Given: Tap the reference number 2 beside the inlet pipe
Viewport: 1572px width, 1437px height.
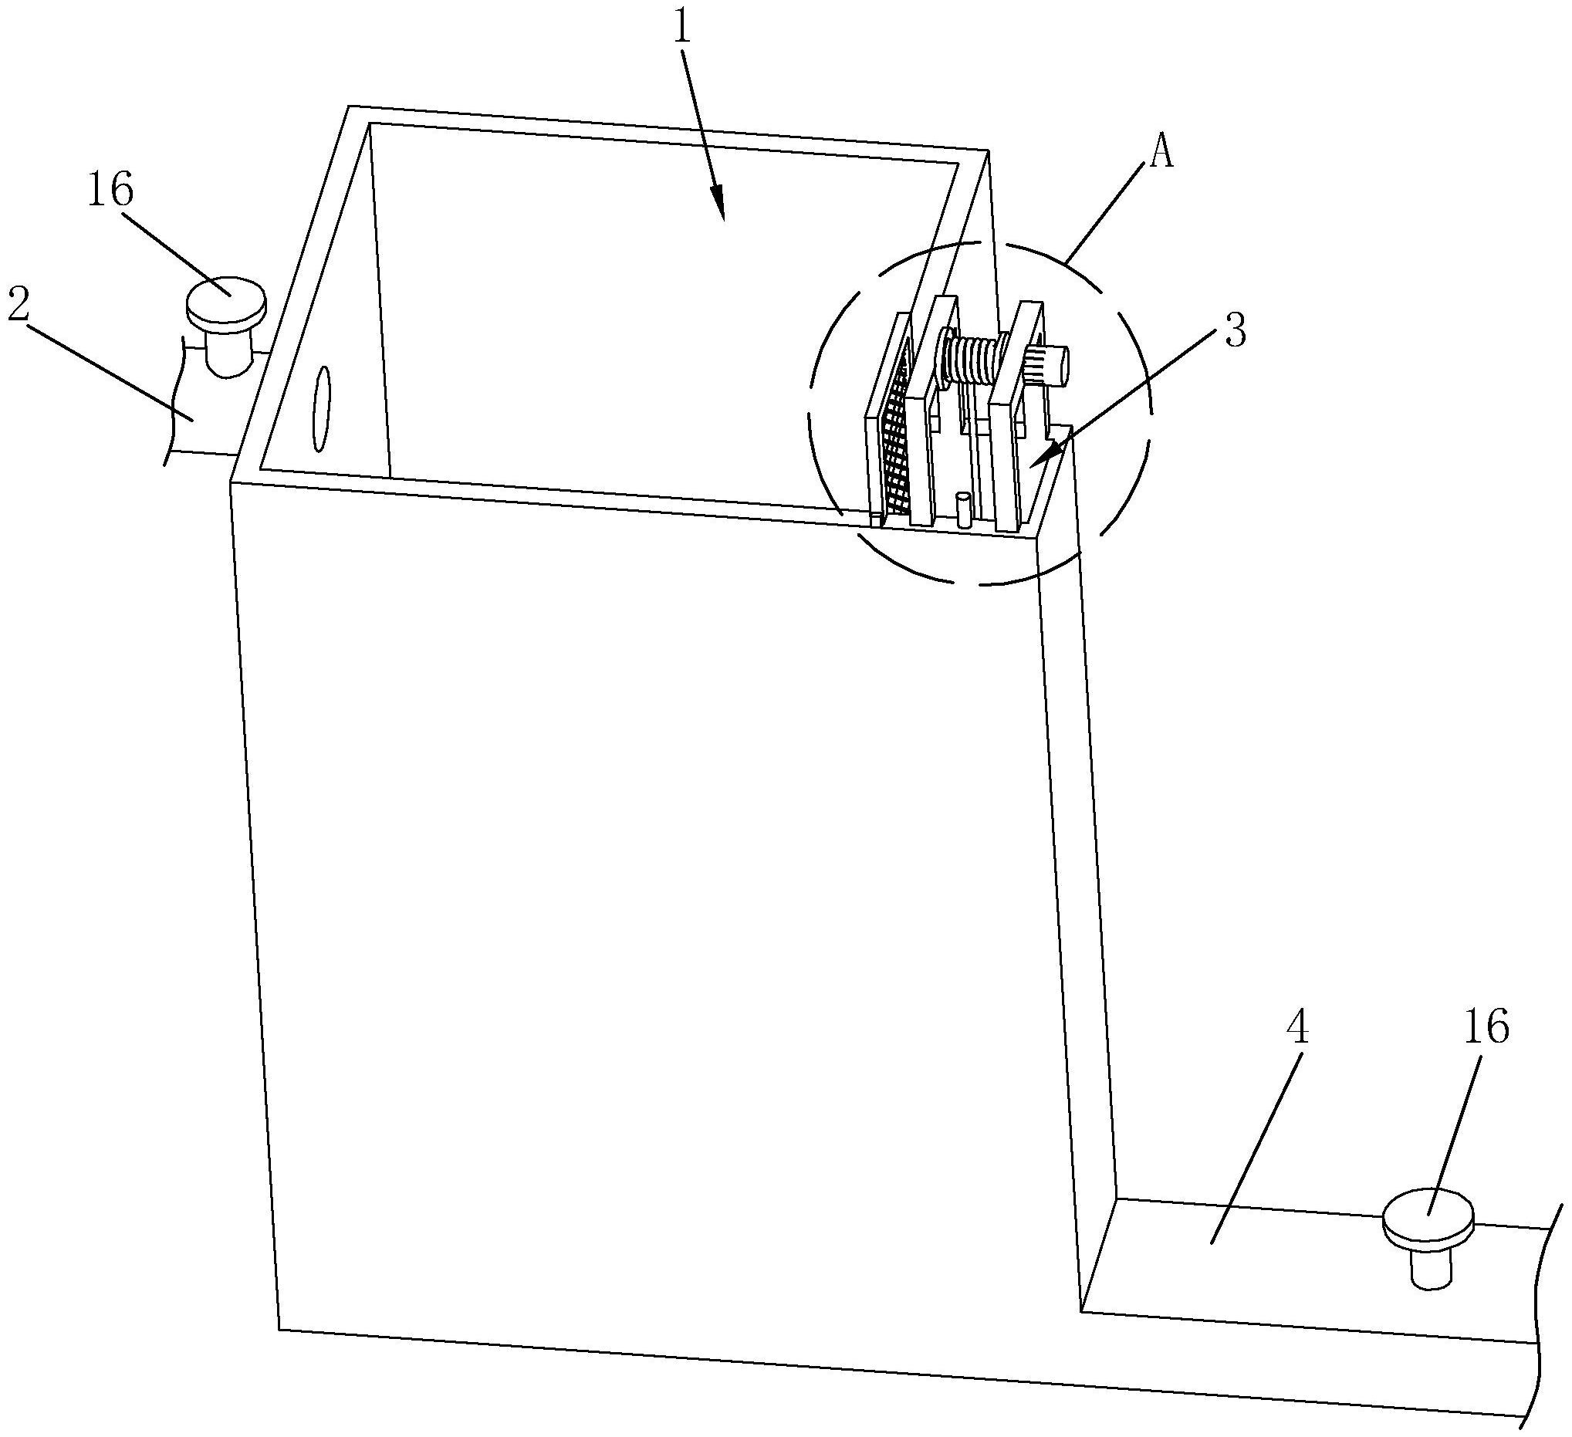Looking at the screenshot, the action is (x=19, y=307).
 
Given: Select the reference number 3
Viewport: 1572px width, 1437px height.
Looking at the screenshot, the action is (x=1234, y=330).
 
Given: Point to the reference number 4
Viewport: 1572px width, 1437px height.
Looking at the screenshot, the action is (x=1296, y=1029).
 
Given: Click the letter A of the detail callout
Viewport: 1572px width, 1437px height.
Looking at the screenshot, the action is (x=1161, y=154).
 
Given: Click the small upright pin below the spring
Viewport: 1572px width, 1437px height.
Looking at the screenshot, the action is (x=965, y=510).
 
